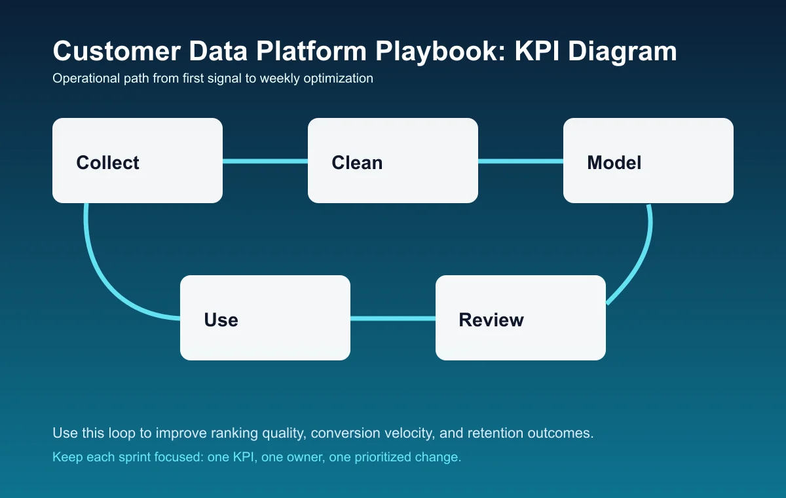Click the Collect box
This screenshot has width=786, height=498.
(138, 161)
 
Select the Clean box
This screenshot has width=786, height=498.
(393, 161)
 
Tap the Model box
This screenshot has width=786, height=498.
(648, 161)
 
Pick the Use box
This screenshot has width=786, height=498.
(265, 318)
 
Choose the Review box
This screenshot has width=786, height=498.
(521, 318)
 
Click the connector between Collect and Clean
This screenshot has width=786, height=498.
(265, 161)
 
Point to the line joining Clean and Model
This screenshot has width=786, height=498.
(521, 161)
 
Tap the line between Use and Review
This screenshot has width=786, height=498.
(393, 318)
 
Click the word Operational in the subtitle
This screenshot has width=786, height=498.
(80, 79)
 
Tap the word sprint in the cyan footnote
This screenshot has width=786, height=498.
(132, 457)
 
